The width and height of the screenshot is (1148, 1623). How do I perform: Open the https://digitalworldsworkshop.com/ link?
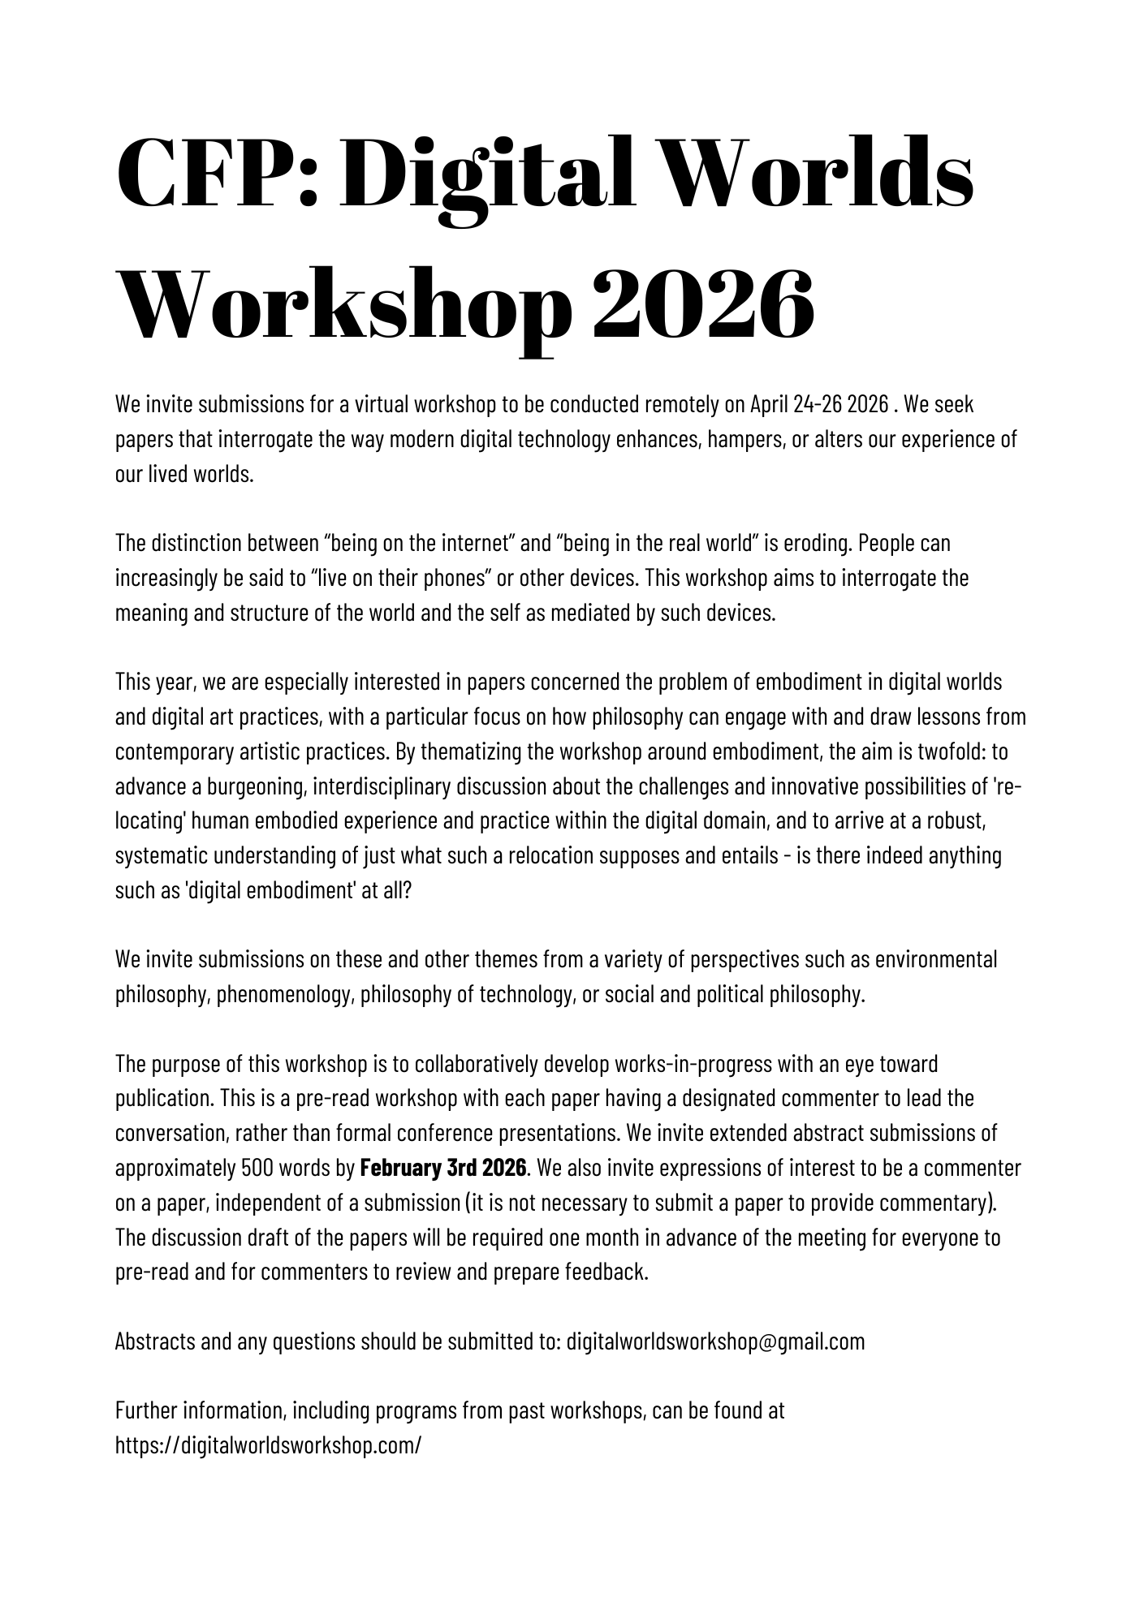point(269,1445)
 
